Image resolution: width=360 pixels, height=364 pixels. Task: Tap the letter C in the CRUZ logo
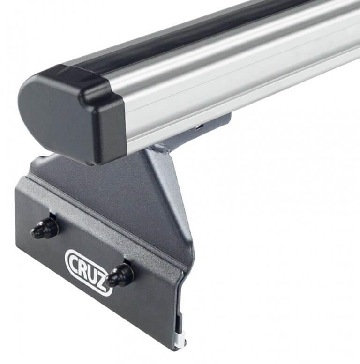click(x=75, y=259)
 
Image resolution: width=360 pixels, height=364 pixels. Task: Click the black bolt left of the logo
click(x=45, y=228)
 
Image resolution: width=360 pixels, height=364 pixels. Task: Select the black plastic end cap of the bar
click(x=70, y=112)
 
